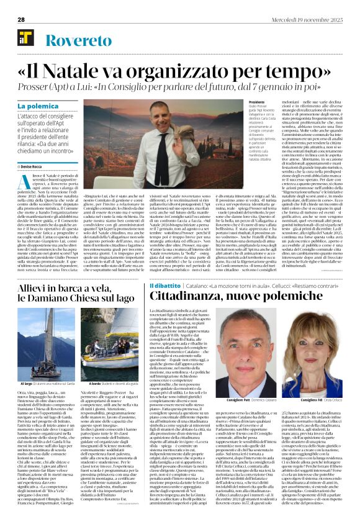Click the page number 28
click(x=20, y=19)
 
